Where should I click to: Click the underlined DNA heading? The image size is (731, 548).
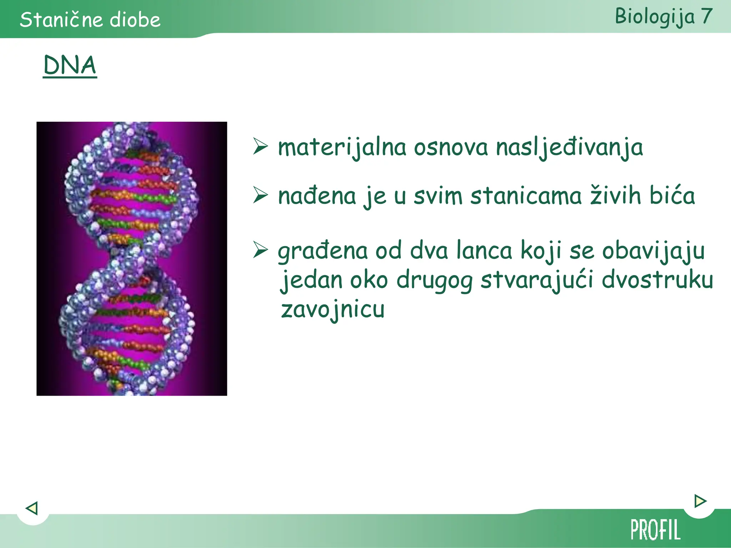[x=70, y=65]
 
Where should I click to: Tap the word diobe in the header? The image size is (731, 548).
[x=135, y=20]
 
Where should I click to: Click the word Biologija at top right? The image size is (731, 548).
[x=655, y=16]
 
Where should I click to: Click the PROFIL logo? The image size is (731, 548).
[x=656, y=530]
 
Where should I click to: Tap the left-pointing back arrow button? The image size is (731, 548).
[x=32, y=508]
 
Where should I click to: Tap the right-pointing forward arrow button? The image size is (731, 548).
[x=700, y=501]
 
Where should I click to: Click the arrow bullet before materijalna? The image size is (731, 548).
[x=261, y=146]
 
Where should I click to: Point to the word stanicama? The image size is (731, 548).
[x=526, y=196]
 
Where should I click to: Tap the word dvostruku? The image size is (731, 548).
[x=657, y=280]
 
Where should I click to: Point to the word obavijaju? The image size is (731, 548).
[x=653, y=251]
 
